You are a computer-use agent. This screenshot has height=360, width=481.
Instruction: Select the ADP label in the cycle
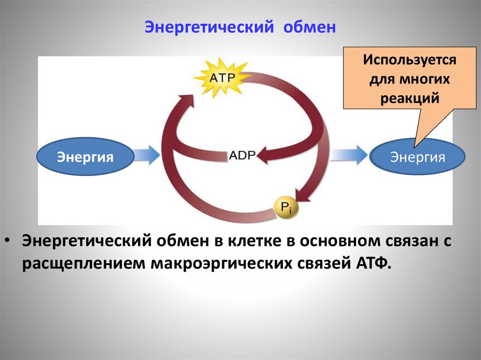click(241, 155)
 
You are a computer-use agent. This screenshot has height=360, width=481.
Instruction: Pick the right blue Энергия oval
click(418, 156)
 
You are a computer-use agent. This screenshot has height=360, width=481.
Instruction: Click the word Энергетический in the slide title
click(209, 27)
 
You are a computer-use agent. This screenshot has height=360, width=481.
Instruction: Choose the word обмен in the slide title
click(310, 27)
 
